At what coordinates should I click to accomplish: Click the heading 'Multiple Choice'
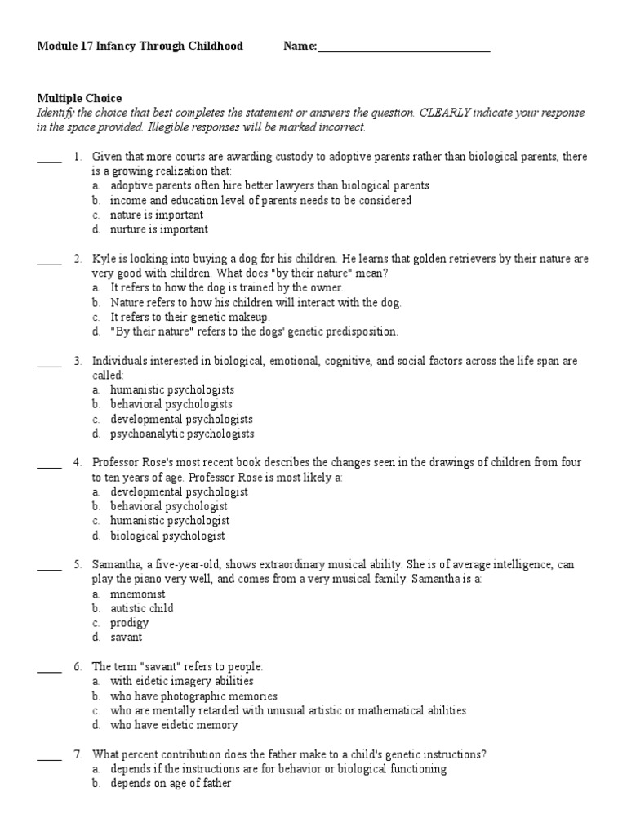79,99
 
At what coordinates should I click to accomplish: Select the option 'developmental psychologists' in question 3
181,419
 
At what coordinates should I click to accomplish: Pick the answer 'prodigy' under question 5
130,623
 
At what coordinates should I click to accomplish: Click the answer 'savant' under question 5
127,638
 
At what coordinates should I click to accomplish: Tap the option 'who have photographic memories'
193,696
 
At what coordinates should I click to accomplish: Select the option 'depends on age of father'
171,784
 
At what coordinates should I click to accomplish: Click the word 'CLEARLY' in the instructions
447,113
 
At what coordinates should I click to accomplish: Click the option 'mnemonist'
138,594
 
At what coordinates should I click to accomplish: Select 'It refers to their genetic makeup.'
189,317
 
